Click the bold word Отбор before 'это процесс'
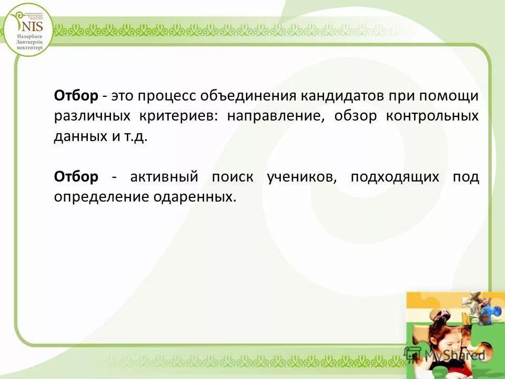pos(76,96)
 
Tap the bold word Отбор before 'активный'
pos(76,177)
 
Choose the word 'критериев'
pos(177,117)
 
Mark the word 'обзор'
pos(356,117)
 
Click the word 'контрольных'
pos(432,117)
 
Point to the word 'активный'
pos(164,177)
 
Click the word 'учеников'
pos(301,177)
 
